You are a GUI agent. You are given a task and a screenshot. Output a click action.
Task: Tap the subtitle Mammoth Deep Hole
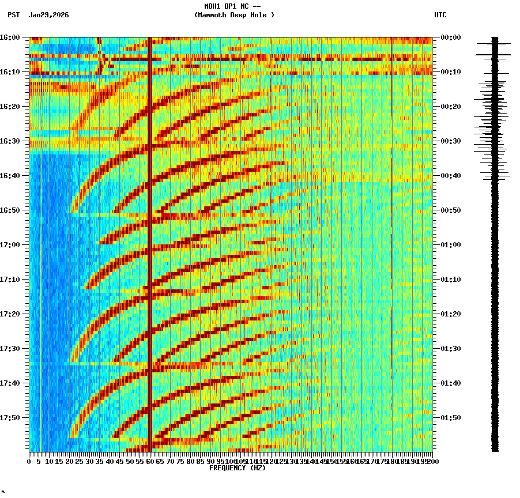pos(234,15)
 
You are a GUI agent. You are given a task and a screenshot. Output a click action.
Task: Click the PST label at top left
pos(13,15)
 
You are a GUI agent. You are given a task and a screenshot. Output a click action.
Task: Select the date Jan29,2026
pos(48,15)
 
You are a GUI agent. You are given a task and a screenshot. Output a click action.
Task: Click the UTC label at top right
pos(440,15)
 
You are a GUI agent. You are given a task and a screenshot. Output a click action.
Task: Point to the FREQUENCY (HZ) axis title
pos(237,468)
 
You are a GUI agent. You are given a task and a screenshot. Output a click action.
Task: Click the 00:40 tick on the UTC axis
pos(451,175)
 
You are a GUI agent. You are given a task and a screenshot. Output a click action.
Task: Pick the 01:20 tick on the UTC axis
pos(451,314)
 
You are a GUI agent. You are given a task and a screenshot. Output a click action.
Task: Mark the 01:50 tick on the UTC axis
pos(451,417)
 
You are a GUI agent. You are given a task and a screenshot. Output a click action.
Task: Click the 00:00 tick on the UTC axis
pos(451,37)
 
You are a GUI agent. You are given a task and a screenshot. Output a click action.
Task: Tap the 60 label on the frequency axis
pos(150,461)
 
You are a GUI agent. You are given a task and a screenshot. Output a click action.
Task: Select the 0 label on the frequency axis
pos(29,461)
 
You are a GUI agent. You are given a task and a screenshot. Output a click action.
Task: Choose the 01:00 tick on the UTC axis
pos(451,244)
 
